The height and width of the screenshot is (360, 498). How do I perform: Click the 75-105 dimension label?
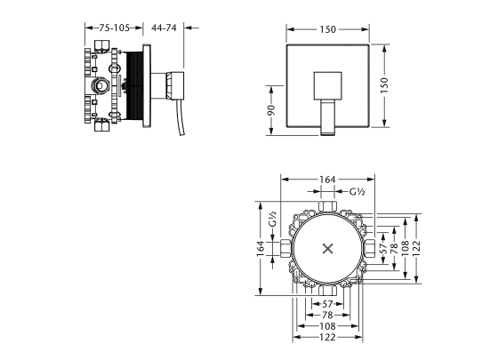(x=115, y=28)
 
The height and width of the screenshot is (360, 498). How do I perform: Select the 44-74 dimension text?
(x=164, y=28)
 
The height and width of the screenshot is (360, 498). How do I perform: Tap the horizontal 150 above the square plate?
(x=327, y=29)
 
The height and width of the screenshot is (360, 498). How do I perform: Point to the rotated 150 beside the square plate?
(x=384, y=85)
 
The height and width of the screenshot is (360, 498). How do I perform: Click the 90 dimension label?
(x=271, y=110)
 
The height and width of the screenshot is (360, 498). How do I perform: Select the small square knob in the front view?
(x=328, y=85)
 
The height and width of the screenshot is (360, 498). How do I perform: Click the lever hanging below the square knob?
(x=328, y=117)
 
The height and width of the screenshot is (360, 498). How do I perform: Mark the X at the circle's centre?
(x=327, y=249)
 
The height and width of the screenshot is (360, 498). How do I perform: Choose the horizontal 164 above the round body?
(x=327, y=180)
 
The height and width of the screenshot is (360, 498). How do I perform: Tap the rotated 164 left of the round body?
(x=261, y=249)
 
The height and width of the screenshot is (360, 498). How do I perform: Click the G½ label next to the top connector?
(x=357, y=192)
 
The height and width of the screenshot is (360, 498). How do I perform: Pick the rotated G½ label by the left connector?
(x=272, y=220)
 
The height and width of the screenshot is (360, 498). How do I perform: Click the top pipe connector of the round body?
(x=327, y=206)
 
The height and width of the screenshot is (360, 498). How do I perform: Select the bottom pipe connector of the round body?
(x=327, y=291)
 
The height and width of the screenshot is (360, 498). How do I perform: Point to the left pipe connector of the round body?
(x=285, y=248)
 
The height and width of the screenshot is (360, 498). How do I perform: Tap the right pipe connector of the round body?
(x=370, y=248)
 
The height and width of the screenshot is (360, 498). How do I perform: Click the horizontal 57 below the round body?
(x=327, y=304)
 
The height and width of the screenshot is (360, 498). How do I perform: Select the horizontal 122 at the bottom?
(x=327, y=337)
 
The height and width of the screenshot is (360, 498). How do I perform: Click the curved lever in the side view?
(x=179, y=117)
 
